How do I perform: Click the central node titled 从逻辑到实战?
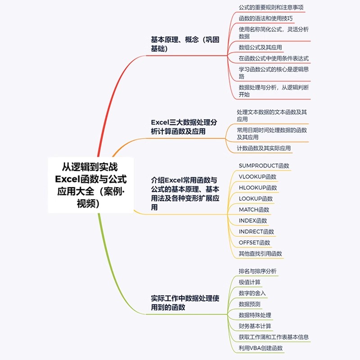coord(91,184)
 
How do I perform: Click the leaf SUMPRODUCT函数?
coord(264,166)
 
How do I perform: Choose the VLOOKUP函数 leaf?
coord(258,177)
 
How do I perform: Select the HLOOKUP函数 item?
coord(258,188)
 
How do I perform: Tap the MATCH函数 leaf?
coord(254,210)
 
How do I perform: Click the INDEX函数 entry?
coord(253,220)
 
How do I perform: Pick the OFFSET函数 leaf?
coord(255,243)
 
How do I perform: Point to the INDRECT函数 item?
coord(256,232)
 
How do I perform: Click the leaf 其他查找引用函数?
coord(261,253)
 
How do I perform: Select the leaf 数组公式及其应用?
coord(261,47)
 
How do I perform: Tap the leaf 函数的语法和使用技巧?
coord(265,18)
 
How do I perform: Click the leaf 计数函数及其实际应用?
coord(264,148)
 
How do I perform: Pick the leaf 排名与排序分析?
coord(258,271)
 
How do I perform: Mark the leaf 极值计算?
coord(250,282)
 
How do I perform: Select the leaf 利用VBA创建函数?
coord(261,348)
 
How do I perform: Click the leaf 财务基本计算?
coord(255,326)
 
